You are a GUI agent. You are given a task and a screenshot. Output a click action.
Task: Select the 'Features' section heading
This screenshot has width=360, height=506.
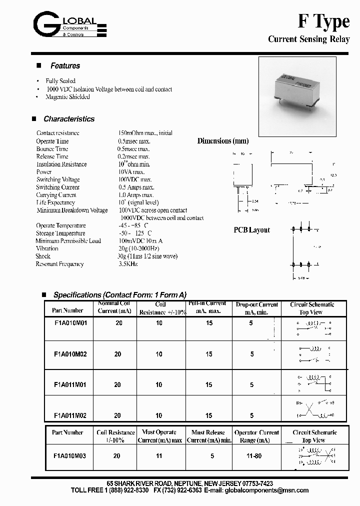(65, 66)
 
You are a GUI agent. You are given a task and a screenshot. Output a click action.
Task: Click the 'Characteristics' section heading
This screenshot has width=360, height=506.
(68, 119)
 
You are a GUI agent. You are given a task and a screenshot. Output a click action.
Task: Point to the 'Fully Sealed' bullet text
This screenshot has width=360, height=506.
(60, 81)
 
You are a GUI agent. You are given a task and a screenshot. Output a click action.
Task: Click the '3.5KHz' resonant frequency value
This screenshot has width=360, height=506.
(127, 264)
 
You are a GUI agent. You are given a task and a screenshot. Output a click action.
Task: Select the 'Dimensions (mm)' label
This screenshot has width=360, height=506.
(222, 141)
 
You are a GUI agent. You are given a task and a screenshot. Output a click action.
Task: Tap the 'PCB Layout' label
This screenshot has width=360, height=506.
(251, 230)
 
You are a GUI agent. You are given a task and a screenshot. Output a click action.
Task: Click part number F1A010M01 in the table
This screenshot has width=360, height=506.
(70, 323)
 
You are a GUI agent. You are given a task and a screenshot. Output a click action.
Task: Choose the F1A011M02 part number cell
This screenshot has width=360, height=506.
(70, 415)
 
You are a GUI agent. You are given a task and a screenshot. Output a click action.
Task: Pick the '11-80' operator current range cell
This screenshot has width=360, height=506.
(253, 456)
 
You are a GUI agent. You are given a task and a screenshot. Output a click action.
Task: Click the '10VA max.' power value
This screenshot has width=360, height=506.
(131, 172)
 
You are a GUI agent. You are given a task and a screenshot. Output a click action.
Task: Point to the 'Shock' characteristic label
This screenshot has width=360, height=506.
(43, 256)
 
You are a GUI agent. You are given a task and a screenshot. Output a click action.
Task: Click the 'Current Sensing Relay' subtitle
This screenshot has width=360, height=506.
(308, 39)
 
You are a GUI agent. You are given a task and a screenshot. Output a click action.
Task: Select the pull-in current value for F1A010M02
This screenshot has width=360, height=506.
(209, 354)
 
